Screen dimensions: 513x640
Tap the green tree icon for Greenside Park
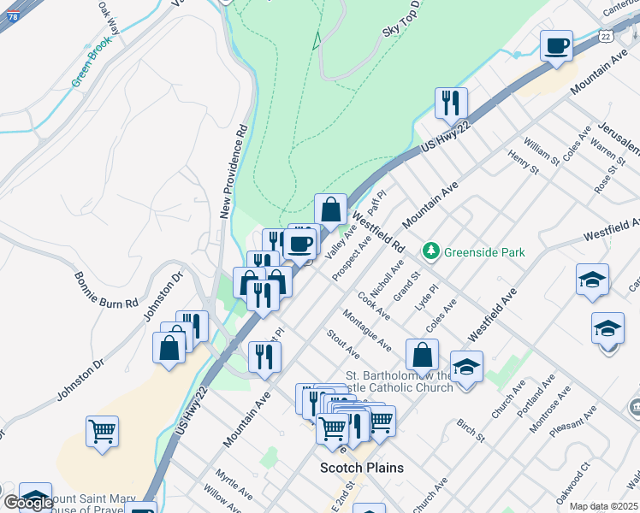tap(430, 251)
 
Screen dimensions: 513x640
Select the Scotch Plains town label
tap(361, 468)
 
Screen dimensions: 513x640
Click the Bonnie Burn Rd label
tap(106, 291)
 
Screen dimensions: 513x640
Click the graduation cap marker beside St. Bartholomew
tap(466, 368)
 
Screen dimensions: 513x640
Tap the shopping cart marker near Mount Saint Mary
tap(102, 432)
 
